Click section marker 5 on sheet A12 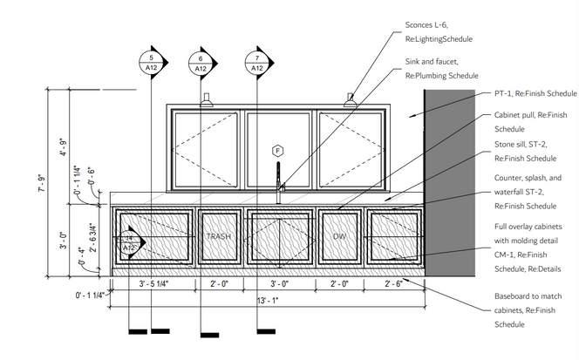[x=151, y=62]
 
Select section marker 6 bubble [x=200, y=62]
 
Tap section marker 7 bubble [x=257, y=62]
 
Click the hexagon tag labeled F [x=278, y=150]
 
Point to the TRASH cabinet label [x=216, y=236]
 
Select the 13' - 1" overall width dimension [x=269, y=301]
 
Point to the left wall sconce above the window [x=207, y=99]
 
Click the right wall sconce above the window [x=351, y=99]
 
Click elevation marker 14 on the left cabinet [x=128, y=242]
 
